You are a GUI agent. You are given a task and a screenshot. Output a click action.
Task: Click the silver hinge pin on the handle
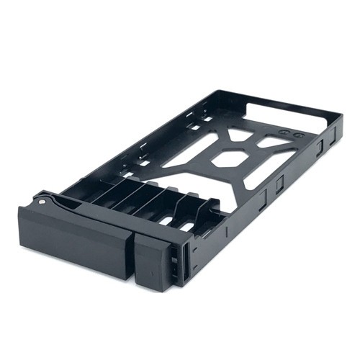pos(41,202)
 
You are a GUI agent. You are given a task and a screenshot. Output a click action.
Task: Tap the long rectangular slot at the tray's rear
pos(288,115)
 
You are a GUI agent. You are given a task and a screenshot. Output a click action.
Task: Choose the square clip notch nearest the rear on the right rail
pos(318,148)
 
